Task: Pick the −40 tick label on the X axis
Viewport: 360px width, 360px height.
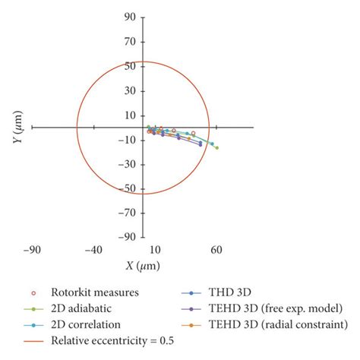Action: (93, 249)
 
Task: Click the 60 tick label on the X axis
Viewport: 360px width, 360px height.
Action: (216, 249)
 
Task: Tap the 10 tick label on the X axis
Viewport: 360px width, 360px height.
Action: (154, 249)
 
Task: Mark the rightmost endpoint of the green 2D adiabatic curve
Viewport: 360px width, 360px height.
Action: (217, 147)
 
